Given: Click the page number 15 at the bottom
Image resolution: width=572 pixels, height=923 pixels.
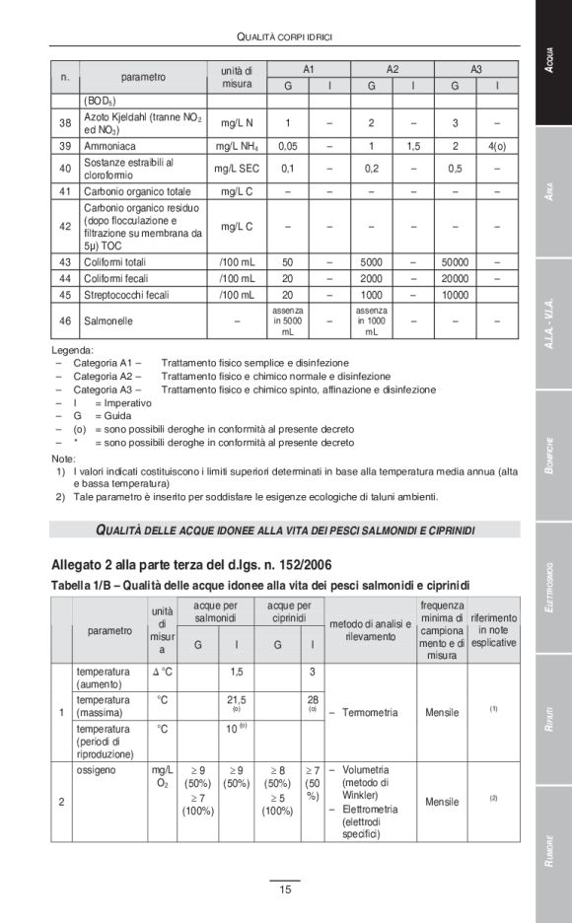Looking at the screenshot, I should point(285,890).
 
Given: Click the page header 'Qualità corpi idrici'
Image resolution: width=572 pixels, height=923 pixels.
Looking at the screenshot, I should point(285,36).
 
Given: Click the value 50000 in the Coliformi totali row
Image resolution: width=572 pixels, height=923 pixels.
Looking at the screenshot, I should point(455,262).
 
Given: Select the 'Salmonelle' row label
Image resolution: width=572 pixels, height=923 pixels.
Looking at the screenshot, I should point(108,320).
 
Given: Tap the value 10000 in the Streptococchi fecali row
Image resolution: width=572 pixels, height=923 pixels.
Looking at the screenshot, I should point(455,294).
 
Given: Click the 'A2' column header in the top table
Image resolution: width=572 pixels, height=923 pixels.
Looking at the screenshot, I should point(392,69).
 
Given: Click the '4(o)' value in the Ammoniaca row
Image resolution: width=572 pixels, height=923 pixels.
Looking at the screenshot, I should point(497,145).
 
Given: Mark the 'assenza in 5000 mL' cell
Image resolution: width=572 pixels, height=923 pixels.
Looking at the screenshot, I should point(288,320).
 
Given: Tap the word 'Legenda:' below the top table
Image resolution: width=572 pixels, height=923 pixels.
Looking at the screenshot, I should point(73,349).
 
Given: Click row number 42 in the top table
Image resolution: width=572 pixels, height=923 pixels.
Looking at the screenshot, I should point(65,226).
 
